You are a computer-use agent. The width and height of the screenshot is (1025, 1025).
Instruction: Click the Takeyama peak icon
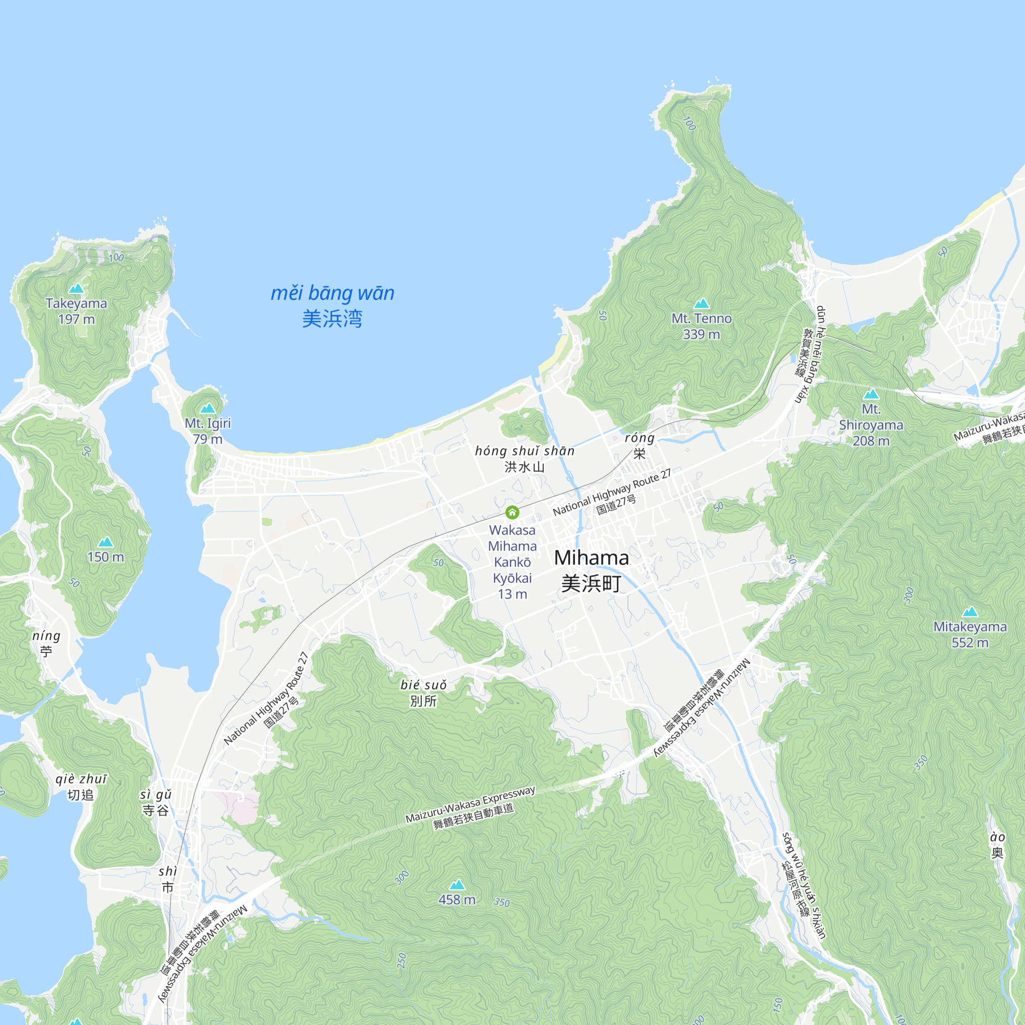point(76,288)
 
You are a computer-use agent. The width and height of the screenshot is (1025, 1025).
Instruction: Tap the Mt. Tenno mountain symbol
point(702,303)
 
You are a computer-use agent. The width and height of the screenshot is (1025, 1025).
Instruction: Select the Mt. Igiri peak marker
point(208,407)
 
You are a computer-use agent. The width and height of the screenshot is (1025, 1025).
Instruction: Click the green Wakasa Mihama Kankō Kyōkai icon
point(512,512)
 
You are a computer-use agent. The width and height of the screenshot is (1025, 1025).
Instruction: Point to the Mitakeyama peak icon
point(970,611)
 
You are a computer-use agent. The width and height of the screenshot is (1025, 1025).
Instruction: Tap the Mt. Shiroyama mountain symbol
point(871,394)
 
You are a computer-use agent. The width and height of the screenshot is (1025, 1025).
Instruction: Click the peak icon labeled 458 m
point(457,884)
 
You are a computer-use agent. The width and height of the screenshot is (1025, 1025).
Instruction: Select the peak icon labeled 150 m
point(106,541)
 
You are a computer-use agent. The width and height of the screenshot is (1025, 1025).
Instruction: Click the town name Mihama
point(591,558)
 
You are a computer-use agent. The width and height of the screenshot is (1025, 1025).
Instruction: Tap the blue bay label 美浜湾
point(332,319)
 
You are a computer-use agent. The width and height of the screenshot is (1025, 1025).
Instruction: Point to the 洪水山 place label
point(524,467)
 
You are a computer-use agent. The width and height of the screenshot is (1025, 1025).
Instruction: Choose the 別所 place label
point(423,701)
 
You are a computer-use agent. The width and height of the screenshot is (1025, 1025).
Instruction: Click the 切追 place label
point(80,795)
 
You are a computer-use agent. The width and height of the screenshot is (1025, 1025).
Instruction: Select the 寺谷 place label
point(155,810)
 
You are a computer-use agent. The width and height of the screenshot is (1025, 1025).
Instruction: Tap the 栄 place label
point(639,454)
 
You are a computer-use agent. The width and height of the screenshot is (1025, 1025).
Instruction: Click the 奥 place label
point(997,853)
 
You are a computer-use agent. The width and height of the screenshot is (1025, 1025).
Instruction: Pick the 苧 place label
point(46,651)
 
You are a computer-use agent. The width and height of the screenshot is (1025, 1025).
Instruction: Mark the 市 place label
point(168,887)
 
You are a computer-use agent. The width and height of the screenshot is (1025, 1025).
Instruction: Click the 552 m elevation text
point(970,643)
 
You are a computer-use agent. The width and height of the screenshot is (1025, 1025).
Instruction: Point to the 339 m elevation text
point(702,334)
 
